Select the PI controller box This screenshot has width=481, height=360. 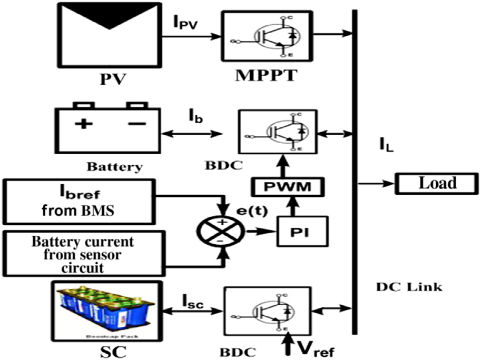coord(301,231)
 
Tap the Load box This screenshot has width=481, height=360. coord(437,184)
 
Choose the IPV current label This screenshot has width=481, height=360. coord(185,23)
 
